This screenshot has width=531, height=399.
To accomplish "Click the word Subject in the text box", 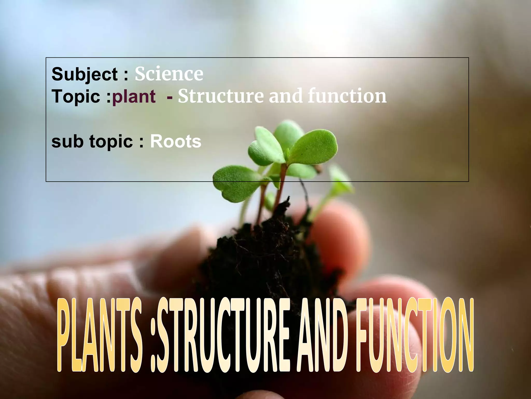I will click(x=85, y=74).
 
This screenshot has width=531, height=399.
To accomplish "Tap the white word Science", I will click(x=169, y=74).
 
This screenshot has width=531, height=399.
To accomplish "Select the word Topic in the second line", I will click(x=76, y=96).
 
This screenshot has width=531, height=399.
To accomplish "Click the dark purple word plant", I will click(x=134, y=96).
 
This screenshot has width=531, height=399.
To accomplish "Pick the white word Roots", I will click(x=176, y=142).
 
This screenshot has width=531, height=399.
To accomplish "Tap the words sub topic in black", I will click(x=92, y=142).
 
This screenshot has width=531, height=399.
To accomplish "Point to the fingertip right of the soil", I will click(x=337, y=229).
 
